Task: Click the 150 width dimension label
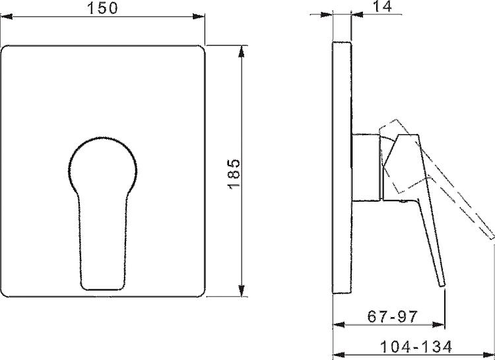tap(102, 8)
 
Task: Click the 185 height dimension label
tap(234, 174)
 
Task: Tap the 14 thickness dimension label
tap(382, 7)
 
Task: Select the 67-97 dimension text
tap(393, 316)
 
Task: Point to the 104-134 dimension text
tap(416, 347)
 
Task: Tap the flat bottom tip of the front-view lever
tap(102, 288)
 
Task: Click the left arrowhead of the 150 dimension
tap(7, 16)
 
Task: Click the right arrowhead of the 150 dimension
tap(199, 16)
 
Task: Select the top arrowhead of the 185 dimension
tap(242, 51)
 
